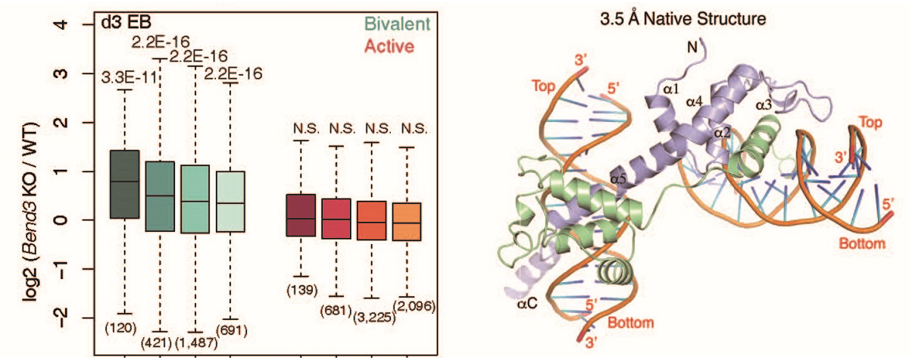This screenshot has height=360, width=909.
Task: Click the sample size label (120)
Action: [125, 327]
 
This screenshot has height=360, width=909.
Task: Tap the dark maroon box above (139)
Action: [301, 214]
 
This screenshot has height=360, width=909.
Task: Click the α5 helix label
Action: [619, 180]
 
